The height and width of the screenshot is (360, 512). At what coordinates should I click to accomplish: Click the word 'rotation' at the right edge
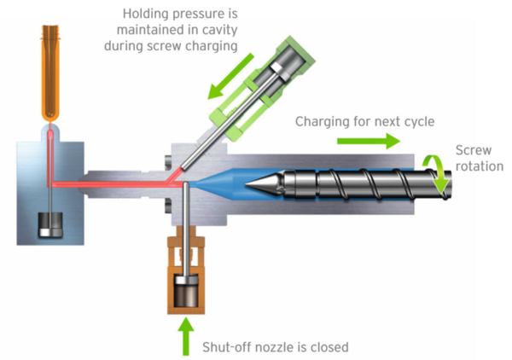click(x=479, y=165)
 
